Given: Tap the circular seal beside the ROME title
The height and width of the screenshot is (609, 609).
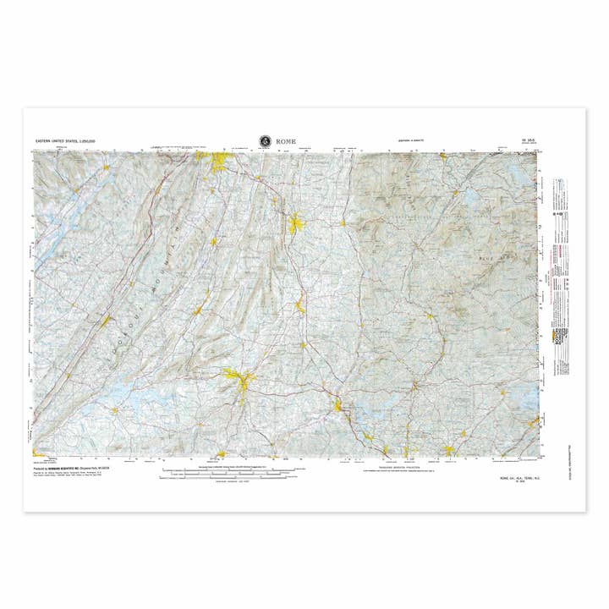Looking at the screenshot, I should point(265,140).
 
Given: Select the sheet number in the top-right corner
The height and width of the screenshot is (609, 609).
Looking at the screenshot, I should point(529,141).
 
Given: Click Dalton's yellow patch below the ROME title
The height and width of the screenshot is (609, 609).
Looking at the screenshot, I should point(295,224).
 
